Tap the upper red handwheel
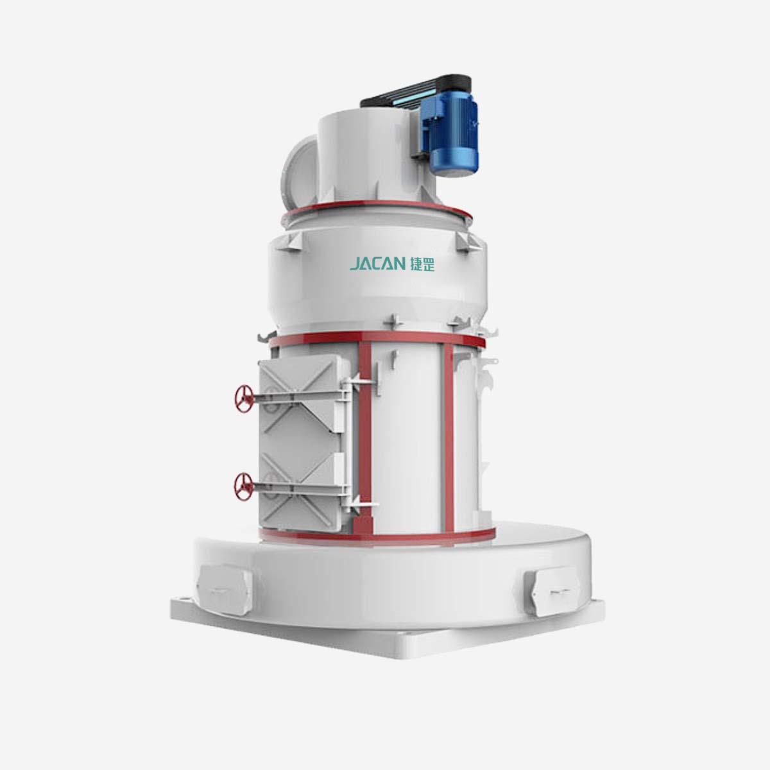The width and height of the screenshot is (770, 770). (243, 398)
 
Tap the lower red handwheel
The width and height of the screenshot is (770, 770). (243, 486)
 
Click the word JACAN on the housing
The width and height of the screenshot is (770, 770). (377, 264)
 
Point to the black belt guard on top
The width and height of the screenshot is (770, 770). (416, 92)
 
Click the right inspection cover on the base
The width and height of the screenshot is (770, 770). (553, 592)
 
